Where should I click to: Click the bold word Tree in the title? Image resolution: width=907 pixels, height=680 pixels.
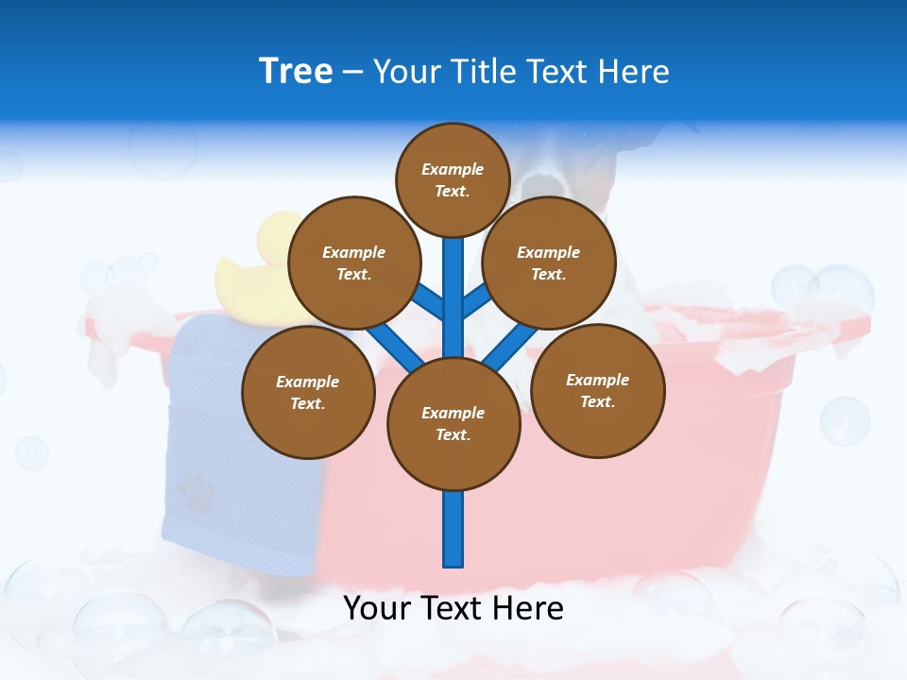tap(296, 72)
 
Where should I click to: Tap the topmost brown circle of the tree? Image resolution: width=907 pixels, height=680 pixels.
tap(453, 179)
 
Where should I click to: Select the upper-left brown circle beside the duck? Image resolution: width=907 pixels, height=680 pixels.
tap(354, 263)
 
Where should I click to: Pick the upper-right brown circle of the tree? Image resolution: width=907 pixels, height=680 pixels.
tap(549, 263)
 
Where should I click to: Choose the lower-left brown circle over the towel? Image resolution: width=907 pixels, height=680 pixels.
tap(308, 392)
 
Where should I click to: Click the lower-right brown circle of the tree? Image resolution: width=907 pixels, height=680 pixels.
tap(598, 390)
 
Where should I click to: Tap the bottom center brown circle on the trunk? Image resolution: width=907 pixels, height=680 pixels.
tap(453, 423)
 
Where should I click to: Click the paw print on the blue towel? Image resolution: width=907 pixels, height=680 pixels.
tap(196, 491)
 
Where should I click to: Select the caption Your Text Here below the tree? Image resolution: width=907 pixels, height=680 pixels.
tap(453, 608)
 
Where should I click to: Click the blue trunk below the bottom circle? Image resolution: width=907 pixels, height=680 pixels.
tap(453, 529)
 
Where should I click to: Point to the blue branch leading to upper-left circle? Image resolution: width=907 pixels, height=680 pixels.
tap(427, 300)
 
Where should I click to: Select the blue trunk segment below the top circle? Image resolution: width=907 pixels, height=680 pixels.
tap(453, 283)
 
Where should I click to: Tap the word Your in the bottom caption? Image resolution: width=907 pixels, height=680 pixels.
tap(377, 608)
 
